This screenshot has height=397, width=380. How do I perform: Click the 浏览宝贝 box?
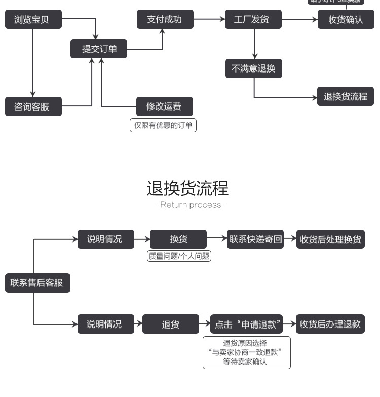[33, 20]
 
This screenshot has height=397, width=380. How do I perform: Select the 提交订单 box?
[99, 49]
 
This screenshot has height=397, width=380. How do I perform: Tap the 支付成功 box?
[165, 19]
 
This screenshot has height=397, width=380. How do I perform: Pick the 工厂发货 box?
[253, 20]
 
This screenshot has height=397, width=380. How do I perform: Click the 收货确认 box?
[346, 20]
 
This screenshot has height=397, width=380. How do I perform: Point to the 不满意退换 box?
[253, 68]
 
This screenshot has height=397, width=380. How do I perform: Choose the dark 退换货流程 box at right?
[346, 96]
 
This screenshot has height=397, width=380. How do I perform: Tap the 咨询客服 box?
[33, 106]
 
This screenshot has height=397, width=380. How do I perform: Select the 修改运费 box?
[165, 106]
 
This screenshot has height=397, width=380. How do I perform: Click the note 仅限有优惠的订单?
[163, 125]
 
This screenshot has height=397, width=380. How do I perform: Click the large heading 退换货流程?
[188, 188]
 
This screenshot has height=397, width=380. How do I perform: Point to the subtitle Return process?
[191, 205]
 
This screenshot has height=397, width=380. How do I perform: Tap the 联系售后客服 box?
[37, 282]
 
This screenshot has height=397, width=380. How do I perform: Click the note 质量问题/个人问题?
[178, 256]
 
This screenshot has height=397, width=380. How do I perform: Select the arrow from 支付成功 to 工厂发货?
[209, 20]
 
